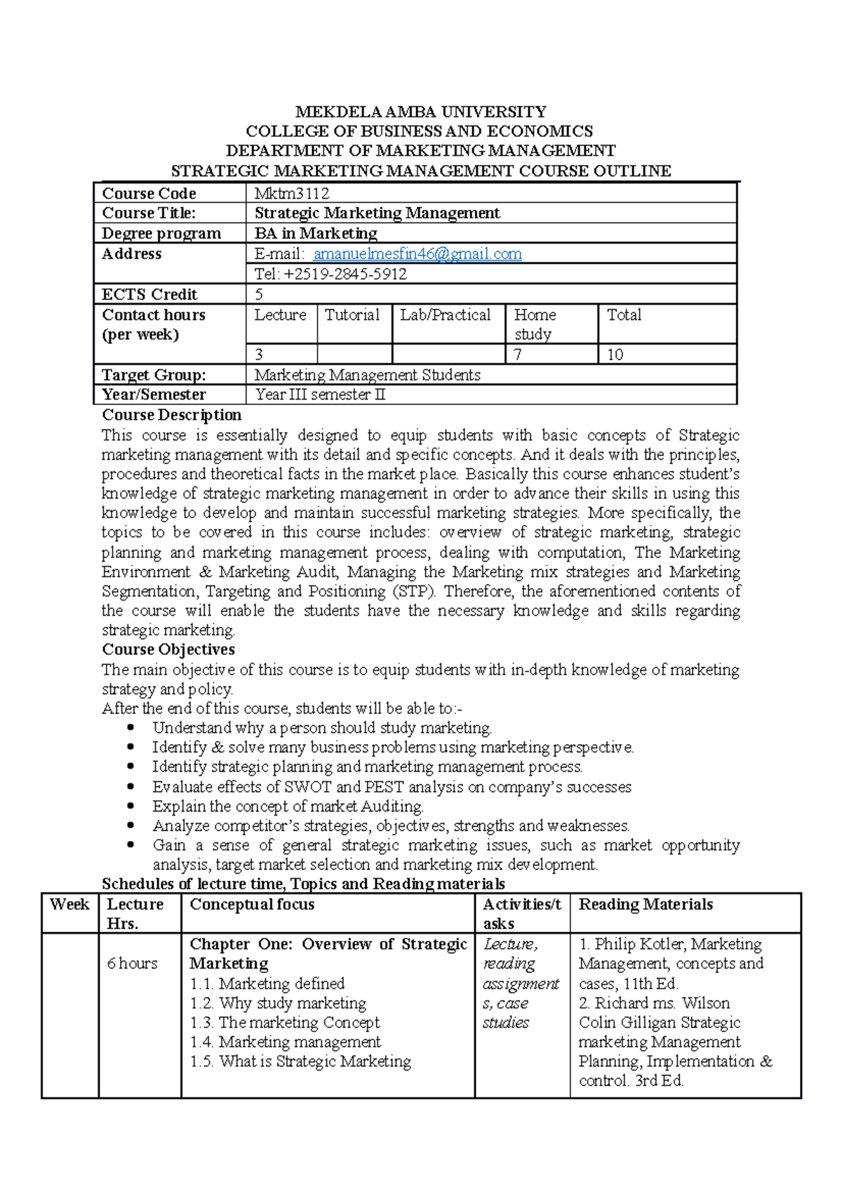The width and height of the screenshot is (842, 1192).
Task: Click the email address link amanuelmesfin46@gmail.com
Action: tap(417, 254)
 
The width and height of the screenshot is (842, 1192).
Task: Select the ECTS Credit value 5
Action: tap(259, 295)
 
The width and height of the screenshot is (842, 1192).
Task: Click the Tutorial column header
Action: tap(352, 315)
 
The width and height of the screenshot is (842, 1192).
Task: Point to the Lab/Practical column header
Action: tap(446, 315)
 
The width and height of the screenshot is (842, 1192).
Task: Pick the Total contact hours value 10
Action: tap(615, 355)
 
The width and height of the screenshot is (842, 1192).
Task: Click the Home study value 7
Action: tap(519, 355)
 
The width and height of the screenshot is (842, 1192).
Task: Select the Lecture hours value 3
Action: tap(259, 355)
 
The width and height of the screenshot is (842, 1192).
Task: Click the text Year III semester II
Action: tap(321, 395)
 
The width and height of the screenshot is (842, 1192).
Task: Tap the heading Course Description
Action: tap(172, 415)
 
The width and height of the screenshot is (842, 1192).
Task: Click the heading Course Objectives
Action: tap(168, 649)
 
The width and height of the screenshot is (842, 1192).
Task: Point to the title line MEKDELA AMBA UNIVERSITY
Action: tap(420, 112)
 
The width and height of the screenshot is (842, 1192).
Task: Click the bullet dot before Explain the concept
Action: tap(131, 807)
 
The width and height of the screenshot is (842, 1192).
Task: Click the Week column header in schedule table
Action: tap(69, 904)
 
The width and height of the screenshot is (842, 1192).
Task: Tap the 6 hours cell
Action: tap(132, 964)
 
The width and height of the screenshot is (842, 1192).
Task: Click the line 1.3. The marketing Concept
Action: tap(285, 1023)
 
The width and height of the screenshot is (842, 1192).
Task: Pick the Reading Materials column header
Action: tap(646, 904)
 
